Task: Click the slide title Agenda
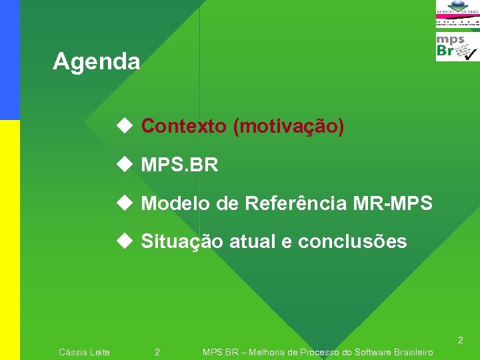97,62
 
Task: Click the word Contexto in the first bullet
184,126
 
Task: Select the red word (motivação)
289,126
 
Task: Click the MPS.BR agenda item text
179,165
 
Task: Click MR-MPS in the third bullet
399,203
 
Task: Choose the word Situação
182,241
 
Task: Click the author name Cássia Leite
85,352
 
